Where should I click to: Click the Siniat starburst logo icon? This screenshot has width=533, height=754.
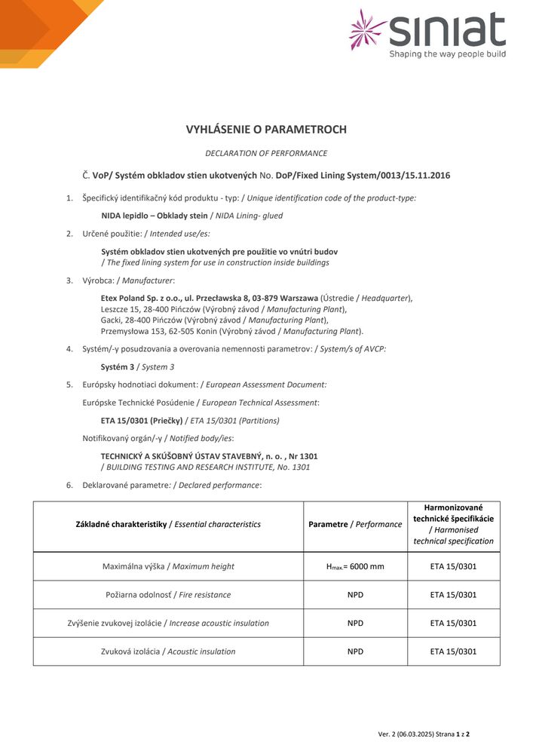369,29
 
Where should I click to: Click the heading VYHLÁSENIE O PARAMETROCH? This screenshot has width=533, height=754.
266,130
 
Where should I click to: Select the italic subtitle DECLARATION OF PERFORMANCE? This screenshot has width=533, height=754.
266,153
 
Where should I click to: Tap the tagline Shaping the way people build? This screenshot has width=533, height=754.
447,54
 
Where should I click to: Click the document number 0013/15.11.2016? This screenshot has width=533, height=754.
414,176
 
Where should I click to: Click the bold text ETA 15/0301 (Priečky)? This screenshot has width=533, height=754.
142,421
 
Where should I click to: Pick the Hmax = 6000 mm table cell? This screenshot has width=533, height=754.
354,566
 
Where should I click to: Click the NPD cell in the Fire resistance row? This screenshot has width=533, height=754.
355,595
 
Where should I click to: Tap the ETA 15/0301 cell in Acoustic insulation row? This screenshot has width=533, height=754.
453,651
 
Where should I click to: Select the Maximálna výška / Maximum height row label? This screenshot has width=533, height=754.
168,566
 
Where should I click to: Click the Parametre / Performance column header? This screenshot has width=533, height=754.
355,524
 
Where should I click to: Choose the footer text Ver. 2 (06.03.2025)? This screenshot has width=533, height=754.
414,734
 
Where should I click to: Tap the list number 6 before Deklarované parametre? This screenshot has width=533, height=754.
69,485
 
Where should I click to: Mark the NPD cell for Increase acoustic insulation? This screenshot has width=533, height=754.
355,624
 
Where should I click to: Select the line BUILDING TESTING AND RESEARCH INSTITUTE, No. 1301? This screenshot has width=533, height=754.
208,467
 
